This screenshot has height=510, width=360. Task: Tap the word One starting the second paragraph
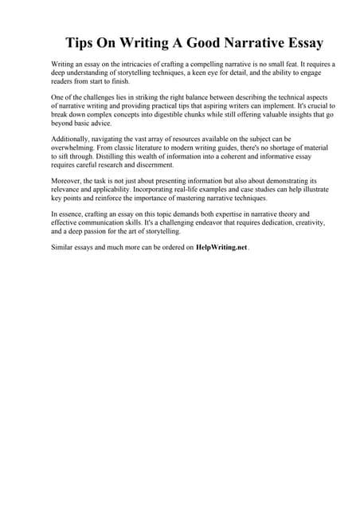(57, 95)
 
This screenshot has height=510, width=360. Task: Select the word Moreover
(65, 183)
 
